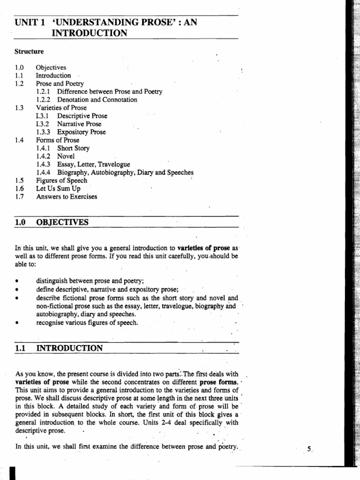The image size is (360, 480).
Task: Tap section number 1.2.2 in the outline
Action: (x=44, y=100)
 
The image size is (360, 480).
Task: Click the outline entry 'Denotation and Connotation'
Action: (x=97, y=100)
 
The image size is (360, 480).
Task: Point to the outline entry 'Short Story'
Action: (x=73, y=148)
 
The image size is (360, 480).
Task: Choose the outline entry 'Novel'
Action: (x=66, y=156)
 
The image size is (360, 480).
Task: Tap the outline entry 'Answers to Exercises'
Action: (x=67, y=197)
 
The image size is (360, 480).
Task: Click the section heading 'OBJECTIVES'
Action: (x=62, y=222)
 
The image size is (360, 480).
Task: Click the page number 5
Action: (x=309, y=449)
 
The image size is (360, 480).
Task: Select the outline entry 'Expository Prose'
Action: (x=82, y=132)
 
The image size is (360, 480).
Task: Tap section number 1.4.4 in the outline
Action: (x=44, y=172)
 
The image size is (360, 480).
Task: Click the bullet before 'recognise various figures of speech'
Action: (x=17, y=322)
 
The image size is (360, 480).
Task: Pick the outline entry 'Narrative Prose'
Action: (x=79, y=124)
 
